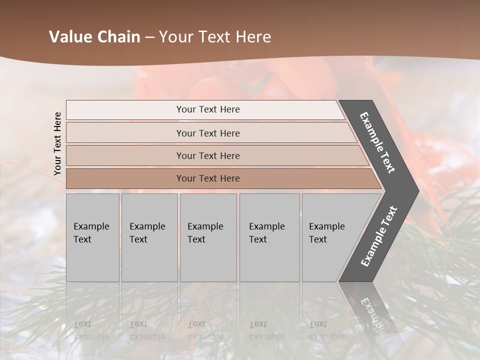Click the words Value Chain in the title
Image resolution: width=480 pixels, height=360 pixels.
pos(94,37)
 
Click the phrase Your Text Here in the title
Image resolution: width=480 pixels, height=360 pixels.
pos(215,37)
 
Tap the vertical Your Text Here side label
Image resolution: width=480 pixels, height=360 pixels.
pos(57,143)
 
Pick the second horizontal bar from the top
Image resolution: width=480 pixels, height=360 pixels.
pos(207,133)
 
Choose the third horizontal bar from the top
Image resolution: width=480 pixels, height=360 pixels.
pos(207,155)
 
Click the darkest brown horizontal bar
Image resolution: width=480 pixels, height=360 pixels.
pos(207,178)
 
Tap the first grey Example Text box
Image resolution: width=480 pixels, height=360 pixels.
pos(92,237)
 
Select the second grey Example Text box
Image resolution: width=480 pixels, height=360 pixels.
pos(149,237)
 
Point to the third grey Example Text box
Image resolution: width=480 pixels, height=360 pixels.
pos(208,237)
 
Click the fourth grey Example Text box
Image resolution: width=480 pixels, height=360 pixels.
pos(269,237)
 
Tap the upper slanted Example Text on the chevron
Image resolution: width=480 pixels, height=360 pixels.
pos(377,142)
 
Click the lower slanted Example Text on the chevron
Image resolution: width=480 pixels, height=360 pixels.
pos(379,236)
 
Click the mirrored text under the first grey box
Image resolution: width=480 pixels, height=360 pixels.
pos(91,330)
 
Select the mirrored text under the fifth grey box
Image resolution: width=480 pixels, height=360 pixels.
pos(326,330)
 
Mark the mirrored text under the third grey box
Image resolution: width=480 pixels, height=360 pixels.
pos(205,330)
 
